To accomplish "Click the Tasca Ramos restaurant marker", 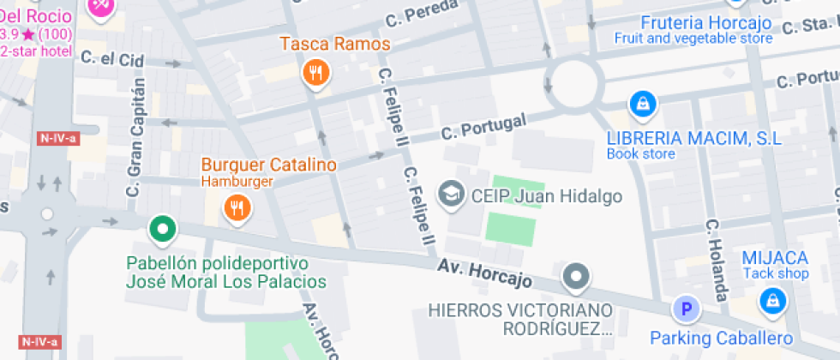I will (x=316, y=74).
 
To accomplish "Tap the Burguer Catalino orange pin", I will (x=236, y=207).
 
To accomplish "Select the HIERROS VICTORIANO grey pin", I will (x=576, y=277).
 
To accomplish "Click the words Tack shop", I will (x=775, y=273).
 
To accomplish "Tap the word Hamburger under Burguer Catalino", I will (x=237, y=181).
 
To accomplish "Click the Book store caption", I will (x=640, y=154).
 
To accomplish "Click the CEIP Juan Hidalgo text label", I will (x=547, y=196).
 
